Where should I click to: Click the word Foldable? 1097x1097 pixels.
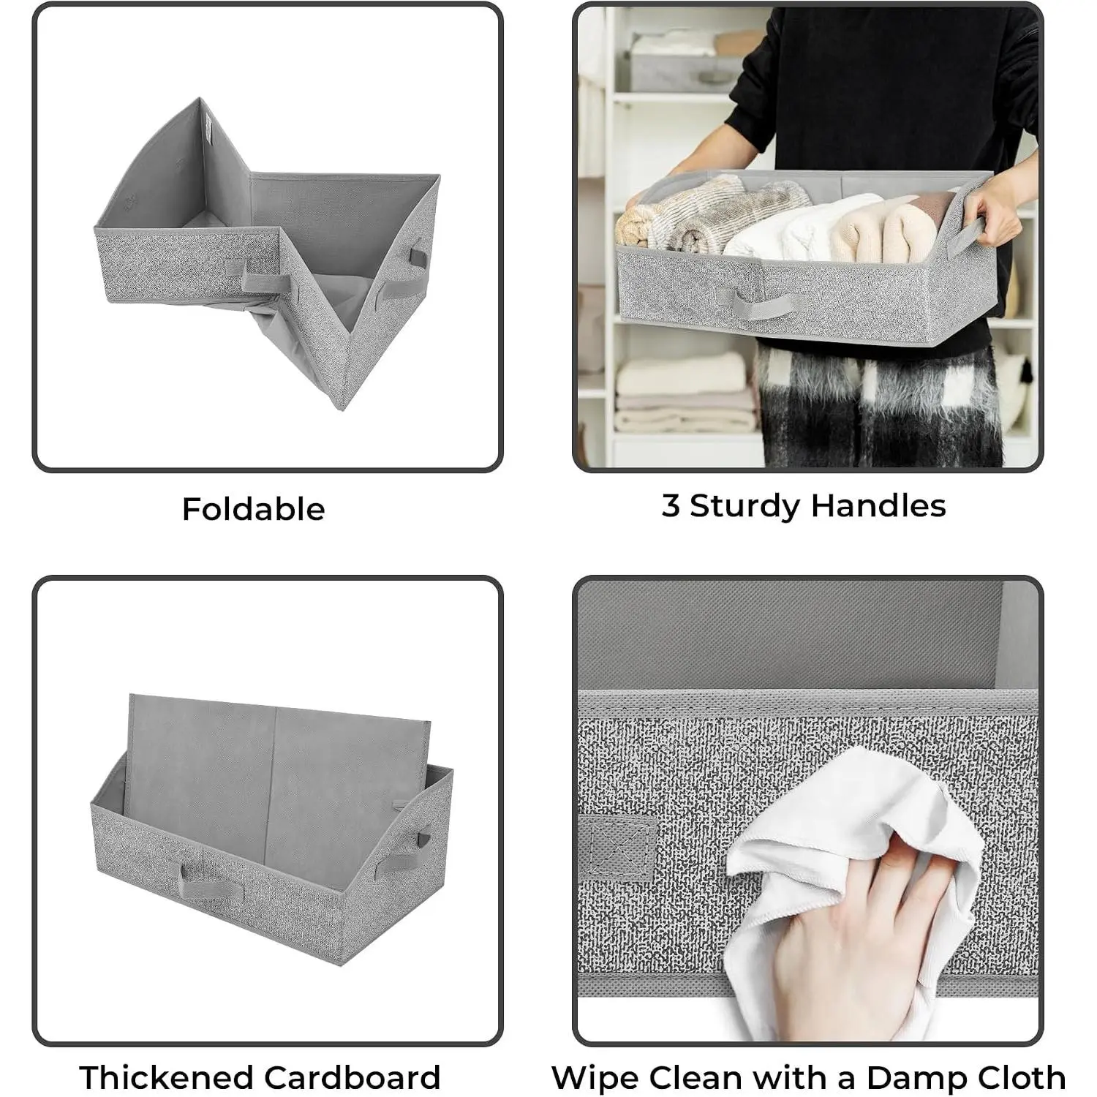[253, 509]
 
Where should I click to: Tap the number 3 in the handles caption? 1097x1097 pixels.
[671, 505]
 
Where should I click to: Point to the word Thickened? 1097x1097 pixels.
[166, 1077]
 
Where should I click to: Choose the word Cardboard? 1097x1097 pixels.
[353, 1077]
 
